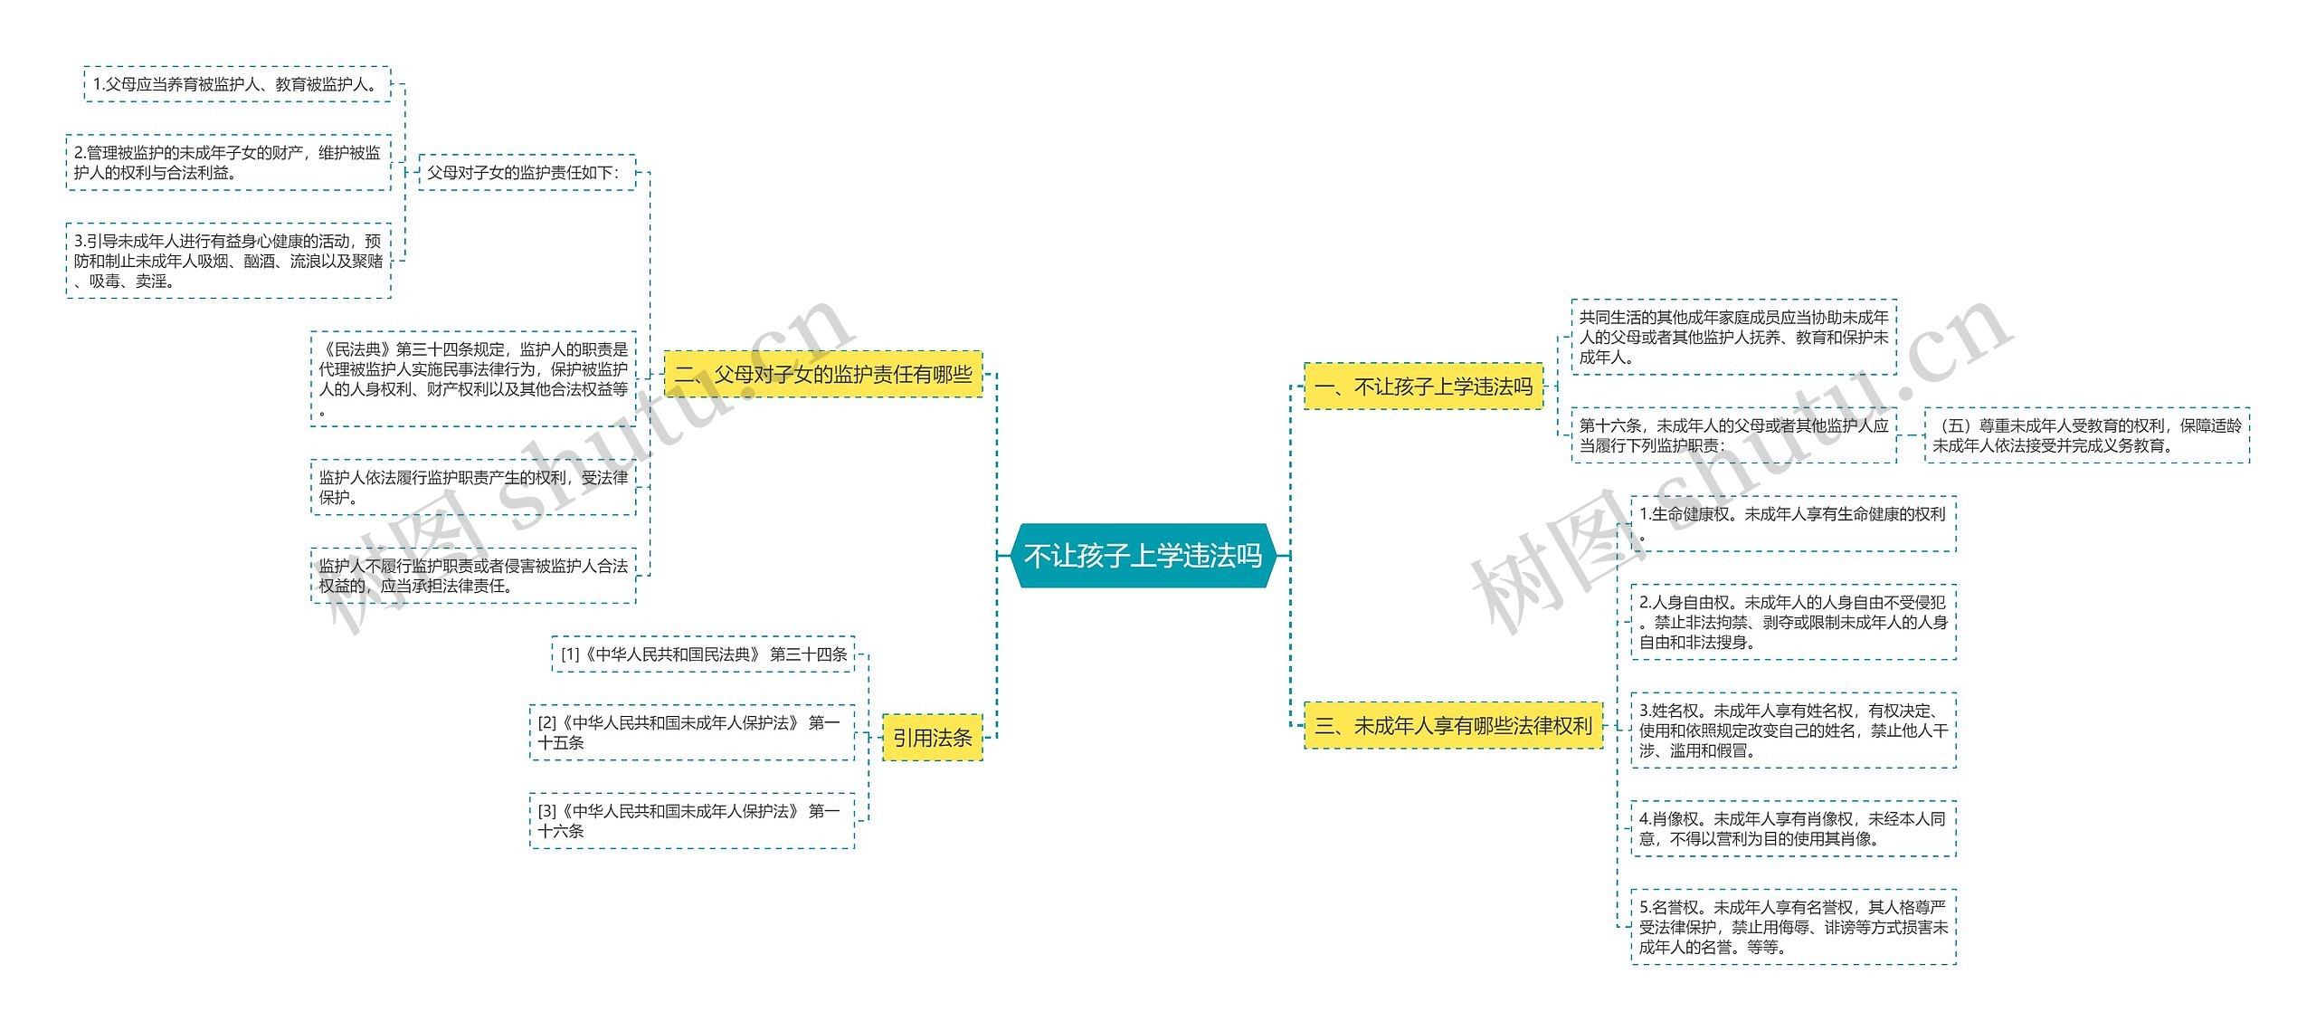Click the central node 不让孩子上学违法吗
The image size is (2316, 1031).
pos(1143,555)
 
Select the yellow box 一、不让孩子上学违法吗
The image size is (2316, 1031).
pos(1423,387)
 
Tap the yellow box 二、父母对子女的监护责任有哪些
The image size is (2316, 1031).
pos(823,374)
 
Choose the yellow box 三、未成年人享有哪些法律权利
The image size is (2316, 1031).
pos(1453,725)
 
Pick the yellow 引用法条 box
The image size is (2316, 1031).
pos(932,738)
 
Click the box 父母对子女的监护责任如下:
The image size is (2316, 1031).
pos(527,172)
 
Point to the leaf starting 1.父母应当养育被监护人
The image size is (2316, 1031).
pos(237,84)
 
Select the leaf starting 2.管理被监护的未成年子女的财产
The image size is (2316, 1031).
pos(228,163)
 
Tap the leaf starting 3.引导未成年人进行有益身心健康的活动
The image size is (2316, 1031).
pos(228,261)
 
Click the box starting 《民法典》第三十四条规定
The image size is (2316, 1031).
pos(473,378)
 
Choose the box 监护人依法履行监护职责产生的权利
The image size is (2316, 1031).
pos(473,487)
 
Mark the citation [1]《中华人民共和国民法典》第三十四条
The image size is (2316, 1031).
pos(703,654)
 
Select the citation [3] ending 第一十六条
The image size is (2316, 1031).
pos(691,821)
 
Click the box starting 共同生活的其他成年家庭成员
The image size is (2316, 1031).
pos(1733,337)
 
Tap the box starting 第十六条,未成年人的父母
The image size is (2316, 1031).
pos(1733,435)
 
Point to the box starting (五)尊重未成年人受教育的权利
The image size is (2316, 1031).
pos(2086,435)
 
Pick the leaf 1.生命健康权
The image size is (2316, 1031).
pos(1793,523)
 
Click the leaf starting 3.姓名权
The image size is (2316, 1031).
pos(1793,730)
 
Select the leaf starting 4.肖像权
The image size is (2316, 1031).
pos(1793,828)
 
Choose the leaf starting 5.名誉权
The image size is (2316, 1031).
pos(1793,927)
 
